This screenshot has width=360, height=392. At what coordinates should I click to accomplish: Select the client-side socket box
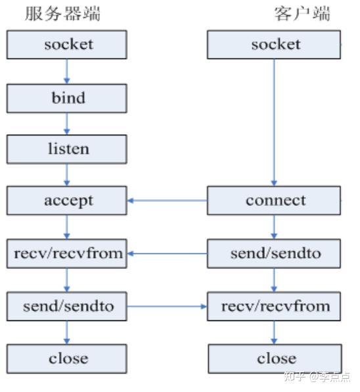click(x=274, y=45)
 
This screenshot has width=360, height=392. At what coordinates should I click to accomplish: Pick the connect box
click(x=274, y=201)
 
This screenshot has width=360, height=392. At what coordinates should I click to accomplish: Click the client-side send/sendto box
click(x=274, y=253)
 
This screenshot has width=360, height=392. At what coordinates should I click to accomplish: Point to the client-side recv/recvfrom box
click(x=274, y=306)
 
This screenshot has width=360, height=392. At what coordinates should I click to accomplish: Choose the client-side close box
click(x=274, y=358)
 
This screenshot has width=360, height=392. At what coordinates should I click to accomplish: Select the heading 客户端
click(x=302, y=13)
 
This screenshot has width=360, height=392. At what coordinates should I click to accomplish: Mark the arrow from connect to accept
click(x=168, y=201)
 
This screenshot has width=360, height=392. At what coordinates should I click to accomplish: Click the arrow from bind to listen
click(x=67, y=124)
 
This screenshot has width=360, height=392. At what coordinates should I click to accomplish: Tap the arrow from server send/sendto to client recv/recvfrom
click(x=168, y=306)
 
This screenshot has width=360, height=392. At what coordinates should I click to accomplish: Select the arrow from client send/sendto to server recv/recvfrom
click(x=168, y=253)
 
